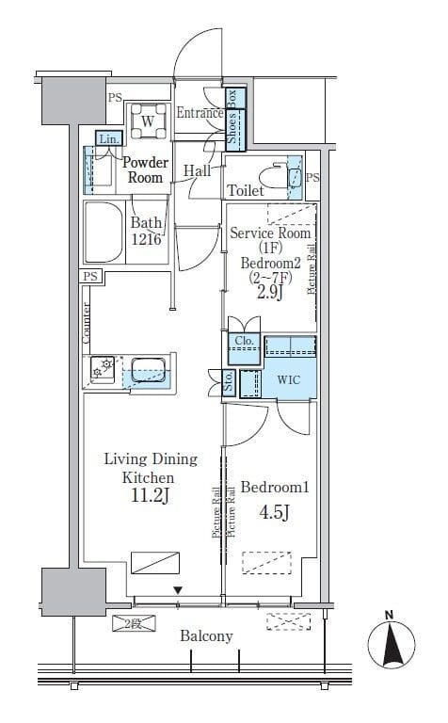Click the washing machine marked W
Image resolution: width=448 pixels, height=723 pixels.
pos(148,121)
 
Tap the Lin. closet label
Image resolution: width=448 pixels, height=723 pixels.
pos(109,138)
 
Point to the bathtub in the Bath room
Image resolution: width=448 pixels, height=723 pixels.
pos(104,232)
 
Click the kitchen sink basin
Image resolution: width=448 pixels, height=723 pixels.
pos(149,370)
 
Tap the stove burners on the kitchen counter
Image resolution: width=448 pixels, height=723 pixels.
pos(103,368)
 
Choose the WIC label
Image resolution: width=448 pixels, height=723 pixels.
pos(289,380)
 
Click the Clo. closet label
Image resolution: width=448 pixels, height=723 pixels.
pos(245,341)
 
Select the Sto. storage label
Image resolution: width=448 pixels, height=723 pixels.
pos(229,382)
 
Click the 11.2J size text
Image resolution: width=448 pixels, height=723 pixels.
pos(151,496)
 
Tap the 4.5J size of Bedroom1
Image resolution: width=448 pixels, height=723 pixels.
pos(274,512)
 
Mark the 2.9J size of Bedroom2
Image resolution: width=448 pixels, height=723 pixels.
pos(269,293)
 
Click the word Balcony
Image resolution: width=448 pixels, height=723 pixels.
pos(206,636)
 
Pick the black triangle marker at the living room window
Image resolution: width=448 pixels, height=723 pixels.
pos(179,590)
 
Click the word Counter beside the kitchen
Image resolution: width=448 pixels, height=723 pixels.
pos(87,323)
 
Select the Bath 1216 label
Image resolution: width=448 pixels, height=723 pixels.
pos(146,231)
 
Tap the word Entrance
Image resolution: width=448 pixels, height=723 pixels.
pos(200,113)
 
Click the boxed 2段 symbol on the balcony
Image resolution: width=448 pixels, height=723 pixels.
pos(135,624)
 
